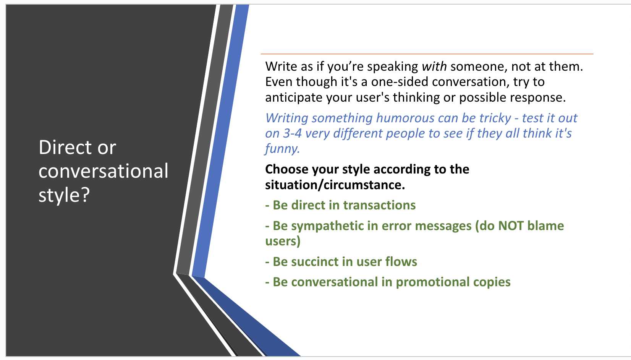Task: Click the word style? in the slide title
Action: (64, 195)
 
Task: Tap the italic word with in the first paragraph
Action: (434, 66)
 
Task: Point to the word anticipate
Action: (294, 97)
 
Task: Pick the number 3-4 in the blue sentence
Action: (292, 133)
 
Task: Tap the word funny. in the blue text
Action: (282, 149)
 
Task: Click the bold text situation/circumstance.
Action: (335, 185)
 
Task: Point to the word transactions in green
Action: (379, 205)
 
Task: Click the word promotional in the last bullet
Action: (433, 282)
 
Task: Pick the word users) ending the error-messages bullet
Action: (283, 241)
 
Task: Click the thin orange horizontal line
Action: (427, 54)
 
